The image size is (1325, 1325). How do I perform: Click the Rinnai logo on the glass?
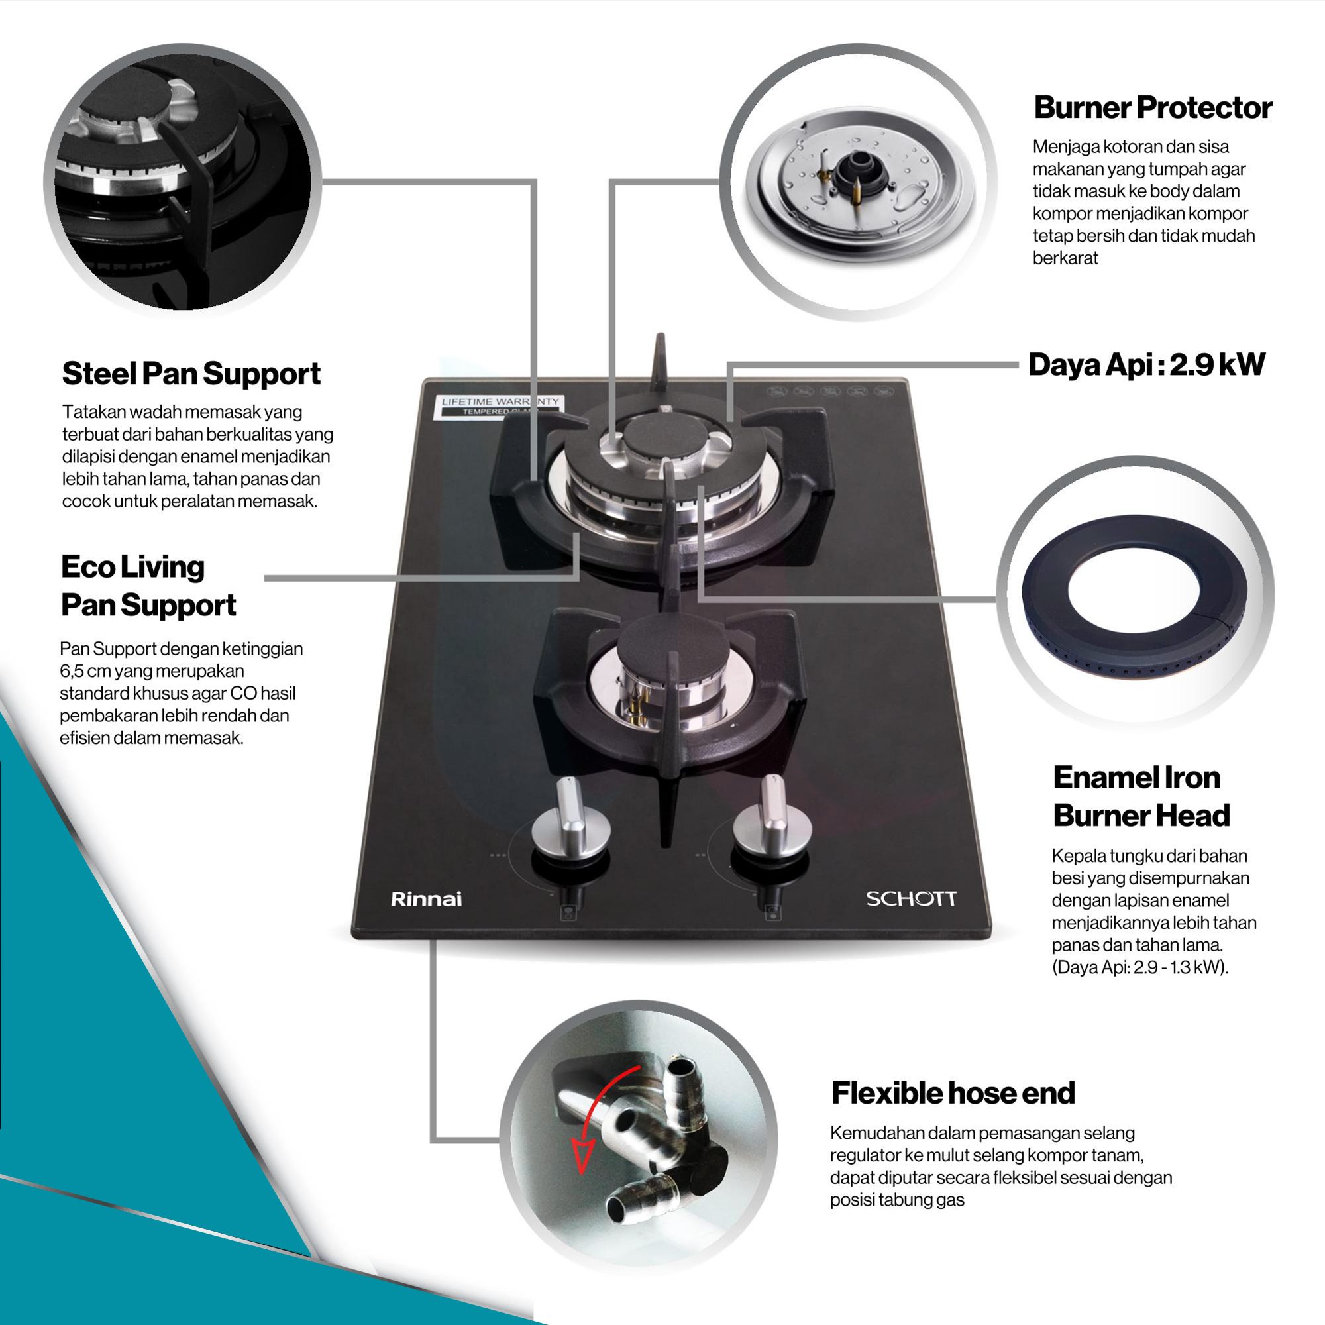tap(426, 898)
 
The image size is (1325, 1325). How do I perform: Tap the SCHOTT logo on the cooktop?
tap(911, 898)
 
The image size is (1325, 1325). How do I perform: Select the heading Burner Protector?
tap(1153, 108)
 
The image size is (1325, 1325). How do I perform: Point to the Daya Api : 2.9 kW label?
tap(1147, 365)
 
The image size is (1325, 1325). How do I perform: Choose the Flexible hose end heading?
tap(953, 1093)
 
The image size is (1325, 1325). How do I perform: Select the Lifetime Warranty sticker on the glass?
tap(500, 405)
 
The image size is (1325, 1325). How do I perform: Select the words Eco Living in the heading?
tap(133, 567)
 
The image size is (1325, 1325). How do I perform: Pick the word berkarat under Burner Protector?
tap(1065, 258)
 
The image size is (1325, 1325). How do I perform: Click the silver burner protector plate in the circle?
tap(861, 180)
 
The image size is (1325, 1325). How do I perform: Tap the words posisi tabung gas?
tap(897, 1200)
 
